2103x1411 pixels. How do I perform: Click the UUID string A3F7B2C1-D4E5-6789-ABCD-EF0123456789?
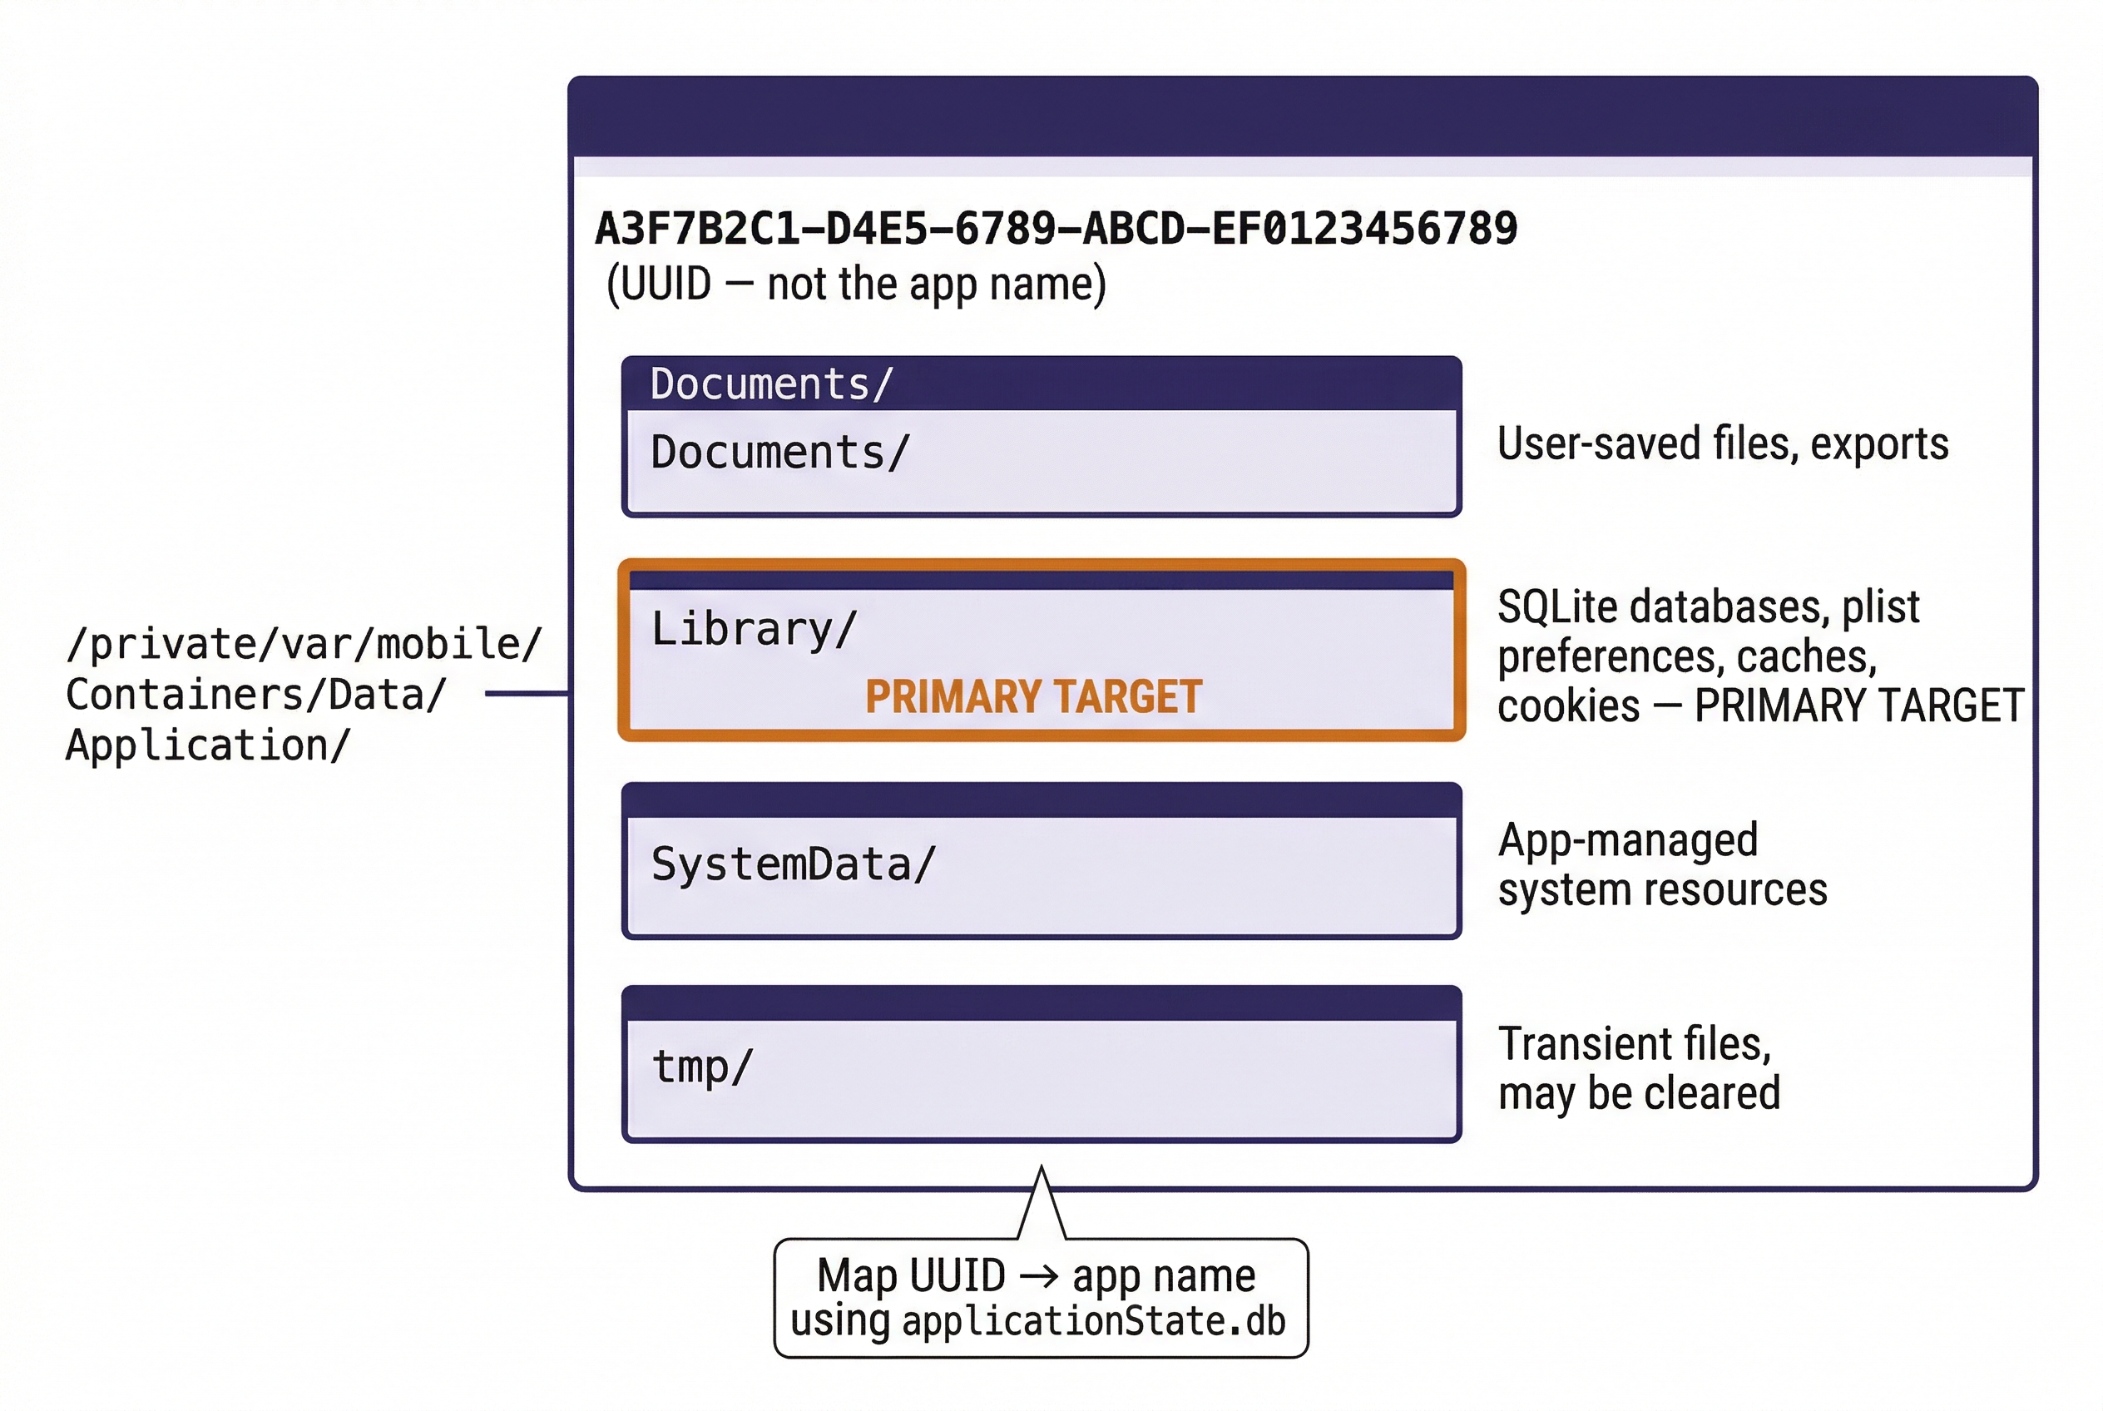1056,229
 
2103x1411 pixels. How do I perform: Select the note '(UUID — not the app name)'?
856,285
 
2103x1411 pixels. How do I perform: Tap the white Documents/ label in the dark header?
771,384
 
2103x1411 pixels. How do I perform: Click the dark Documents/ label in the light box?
780,452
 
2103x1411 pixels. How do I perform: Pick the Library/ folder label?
753,628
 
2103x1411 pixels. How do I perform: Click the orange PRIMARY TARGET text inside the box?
1033,696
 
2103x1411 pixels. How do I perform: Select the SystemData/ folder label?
793,864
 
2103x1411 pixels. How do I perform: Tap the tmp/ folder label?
701,1067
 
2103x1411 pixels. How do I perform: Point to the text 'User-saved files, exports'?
1722,443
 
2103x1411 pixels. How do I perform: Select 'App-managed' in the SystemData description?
1627,839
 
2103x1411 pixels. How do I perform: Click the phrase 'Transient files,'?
1634,1044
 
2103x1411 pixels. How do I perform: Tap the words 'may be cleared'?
1639,1093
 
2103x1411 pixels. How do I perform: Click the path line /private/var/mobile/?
304,644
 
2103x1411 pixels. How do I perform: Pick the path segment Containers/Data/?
255,695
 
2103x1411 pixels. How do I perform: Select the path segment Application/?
207,745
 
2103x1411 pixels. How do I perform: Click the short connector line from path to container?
527,693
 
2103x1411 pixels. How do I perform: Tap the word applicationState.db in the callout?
1093,1321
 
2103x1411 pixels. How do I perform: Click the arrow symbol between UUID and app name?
1038,1276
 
